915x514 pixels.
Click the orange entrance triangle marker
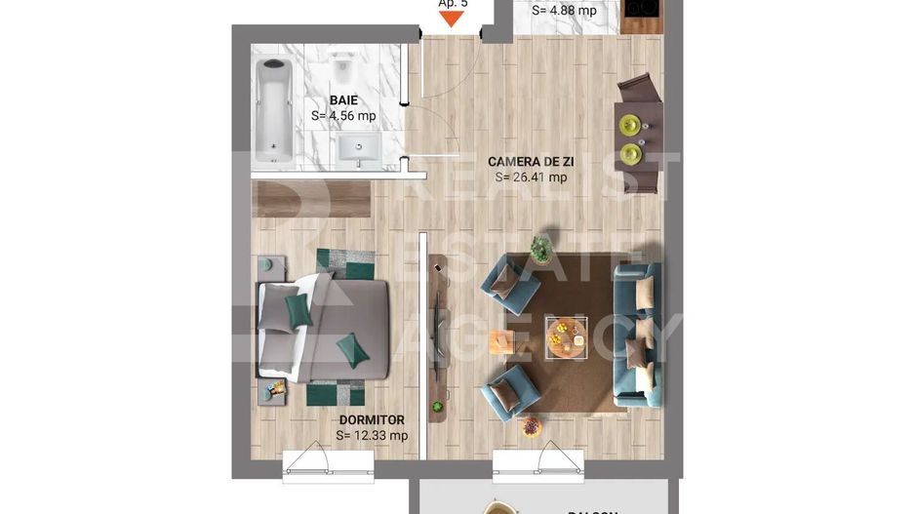click(x=452, y=17)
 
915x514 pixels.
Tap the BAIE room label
click(x=342, y=99)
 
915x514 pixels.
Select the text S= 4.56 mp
click(x=343, y=115)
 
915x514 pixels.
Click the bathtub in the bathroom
click(x=273, y=109)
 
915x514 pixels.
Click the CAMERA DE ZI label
click(x=530, y=162)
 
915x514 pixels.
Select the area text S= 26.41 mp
click(x=531, y=178)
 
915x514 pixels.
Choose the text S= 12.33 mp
click(x=372, y=436)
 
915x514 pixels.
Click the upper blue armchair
click(x=509, y=284)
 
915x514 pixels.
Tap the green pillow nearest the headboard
click(x=298, y=311)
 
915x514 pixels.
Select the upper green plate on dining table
click(x=631, y=124)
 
